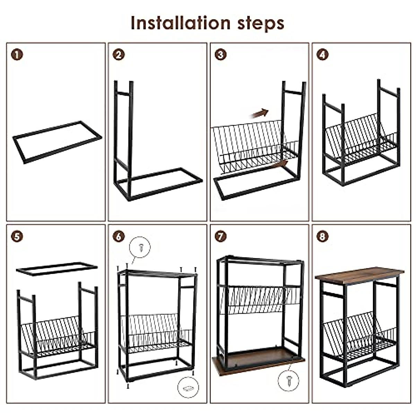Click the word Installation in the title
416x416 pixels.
coord(180,23)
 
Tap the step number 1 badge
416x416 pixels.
coord(17,55)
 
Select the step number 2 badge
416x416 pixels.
coord(119,55)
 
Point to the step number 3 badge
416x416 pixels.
coord(220,55)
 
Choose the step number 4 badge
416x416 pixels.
coord(322,55)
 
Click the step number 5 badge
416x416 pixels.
coord(17,237)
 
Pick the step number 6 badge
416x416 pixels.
coord(119,237)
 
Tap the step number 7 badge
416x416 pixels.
coord(220,237)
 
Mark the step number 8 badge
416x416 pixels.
coord(322,237)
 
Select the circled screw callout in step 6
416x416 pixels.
coord(140,247)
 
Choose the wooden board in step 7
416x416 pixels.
coord(258,362)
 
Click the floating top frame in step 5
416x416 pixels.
coord(57,269)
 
